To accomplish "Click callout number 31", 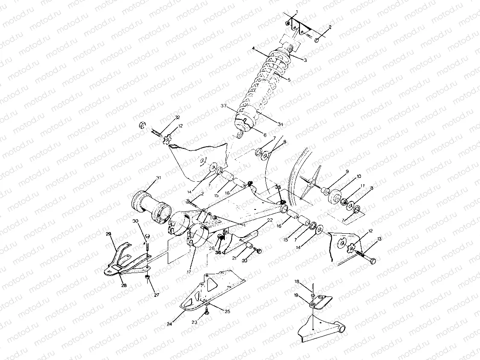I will [146, 177].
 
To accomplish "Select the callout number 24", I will [169, 324].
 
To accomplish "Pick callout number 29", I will [108, 234].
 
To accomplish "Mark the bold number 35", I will [278, 187].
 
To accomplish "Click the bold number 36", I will [218, 252].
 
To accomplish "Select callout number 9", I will [346, 171].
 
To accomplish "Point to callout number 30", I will [135, 221].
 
